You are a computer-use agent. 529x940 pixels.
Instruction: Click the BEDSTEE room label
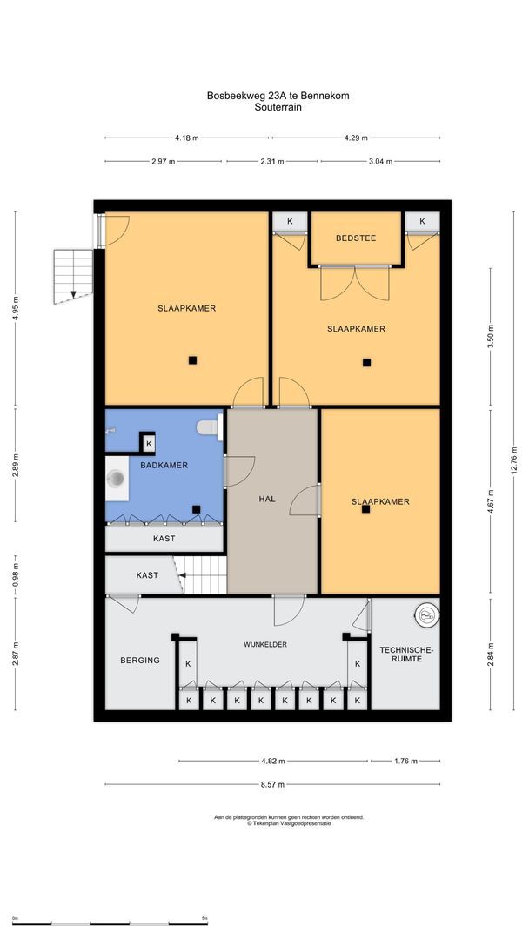pos(356,238)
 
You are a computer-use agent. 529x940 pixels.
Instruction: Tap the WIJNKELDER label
pos(264,644)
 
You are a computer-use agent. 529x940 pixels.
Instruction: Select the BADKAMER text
pos(164,466)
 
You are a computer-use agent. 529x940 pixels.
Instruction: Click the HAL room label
pos(267,499)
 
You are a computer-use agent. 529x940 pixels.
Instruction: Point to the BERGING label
pos(139,661)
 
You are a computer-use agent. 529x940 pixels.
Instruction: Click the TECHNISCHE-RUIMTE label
pos(405,655)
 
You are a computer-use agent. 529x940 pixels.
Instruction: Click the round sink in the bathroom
pos(116,478)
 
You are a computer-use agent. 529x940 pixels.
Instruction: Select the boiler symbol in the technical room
pos(425,614)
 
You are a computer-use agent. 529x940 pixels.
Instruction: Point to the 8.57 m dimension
pos(271,784)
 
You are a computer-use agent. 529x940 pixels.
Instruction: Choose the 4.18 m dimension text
pos(186,138)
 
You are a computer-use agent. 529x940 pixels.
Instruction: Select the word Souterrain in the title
pos(278,108)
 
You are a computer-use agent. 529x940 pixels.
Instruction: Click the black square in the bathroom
pos(197,509)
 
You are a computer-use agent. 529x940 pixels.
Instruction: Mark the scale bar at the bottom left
pos(110,922)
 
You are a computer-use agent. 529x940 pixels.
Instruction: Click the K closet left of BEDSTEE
pos(290,222)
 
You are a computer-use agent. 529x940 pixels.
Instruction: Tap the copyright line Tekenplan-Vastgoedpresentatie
pos(289,823)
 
